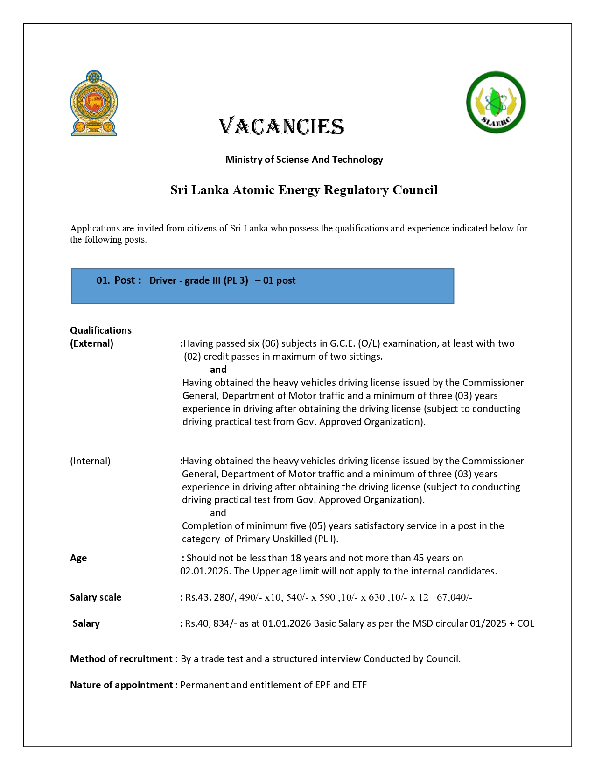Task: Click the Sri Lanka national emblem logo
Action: (94, 103)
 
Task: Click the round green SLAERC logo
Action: (496, 102)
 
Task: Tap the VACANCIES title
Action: (281, 127)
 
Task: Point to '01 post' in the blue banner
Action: (279, 280)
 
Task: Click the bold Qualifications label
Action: (101, 330)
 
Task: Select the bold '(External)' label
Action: (91, 343)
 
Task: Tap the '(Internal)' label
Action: (90, 461)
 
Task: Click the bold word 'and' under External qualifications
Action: (218, 370)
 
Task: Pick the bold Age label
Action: (78, 558)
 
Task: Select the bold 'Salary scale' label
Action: (96, 597)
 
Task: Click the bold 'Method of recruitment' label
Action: (121, 659)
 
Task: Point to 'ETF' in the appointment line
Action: (359, 685)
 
